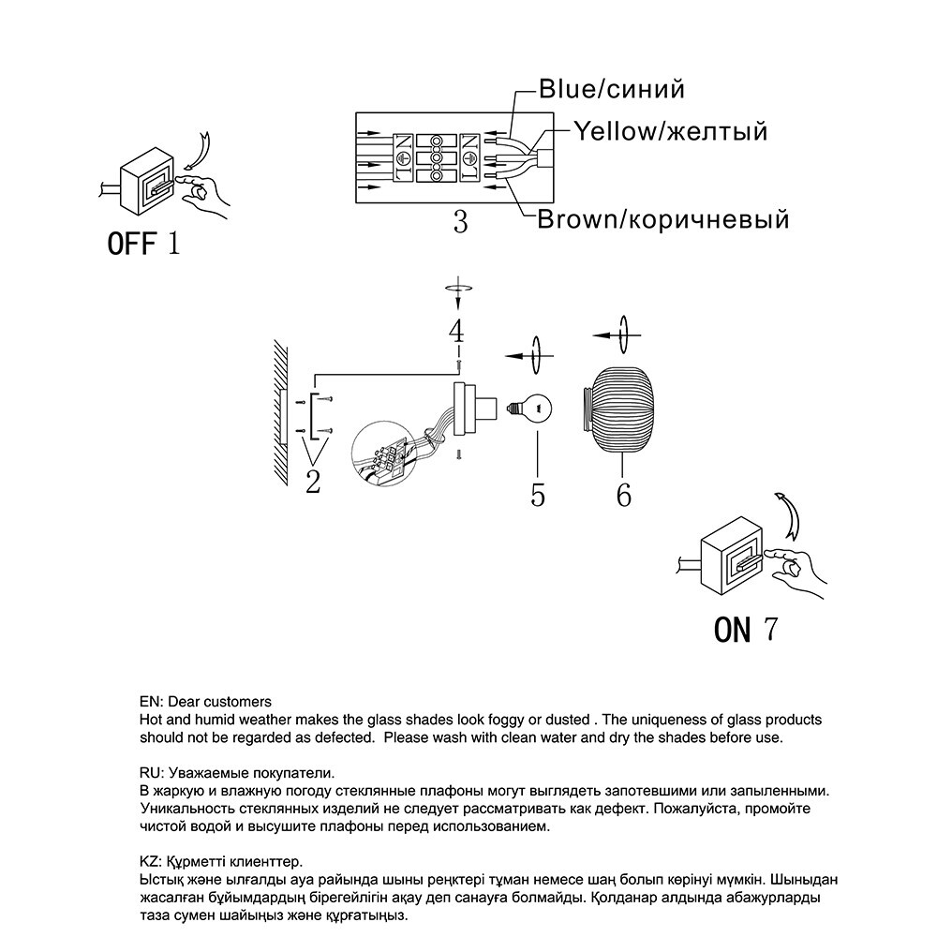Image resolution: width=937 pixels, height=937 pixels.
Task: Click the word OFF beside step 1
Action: (131, 244)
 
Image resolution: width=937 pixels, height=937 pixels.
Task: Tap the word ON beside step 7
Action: (732, 630)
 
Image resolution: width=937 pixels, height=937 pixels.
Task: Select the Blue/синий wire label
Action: (611, 89)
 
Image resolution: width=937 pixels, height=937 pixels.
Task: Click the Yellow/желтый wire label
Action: (671, 131)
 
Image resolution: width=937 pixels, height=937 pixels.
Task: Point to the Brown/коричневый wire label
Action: (663, 219)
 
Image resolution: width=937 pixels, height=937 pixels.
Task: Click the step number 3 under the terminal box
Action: (460, 222)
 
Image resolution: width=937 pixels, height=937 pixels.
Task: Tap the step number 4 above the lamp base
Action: (457, 331)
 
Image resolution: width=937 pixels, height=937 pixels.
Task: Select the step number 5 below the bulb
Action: (538, 495)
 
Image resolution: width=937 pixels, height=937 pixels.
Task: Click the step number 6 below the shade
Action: (624, 495)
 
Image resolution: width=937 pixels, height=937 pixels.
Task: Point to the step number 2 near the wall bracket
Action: (313, 483)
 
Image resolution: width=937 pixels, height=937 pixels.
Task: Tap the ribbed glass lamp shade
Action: (618, 409)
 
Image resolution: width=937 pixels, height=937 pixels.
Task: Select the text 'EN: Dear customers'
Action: (205, 702)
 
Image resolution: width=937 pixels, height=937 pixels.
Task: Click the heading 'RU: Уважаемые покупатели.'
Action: (237, 773)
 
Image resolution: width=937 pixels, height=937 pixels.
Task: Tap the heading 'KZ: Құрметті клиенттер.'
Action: (222, 862)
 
